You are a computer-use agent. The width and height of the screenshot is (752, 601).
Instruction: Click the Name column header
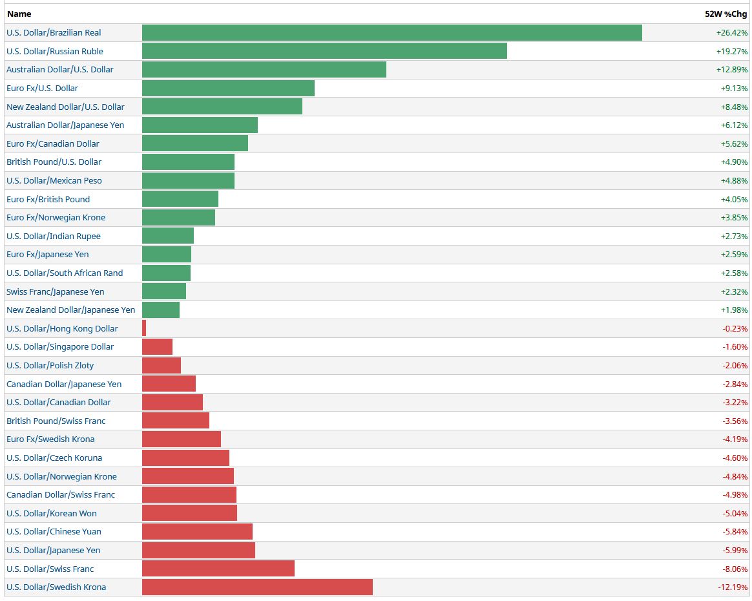click(19, 14)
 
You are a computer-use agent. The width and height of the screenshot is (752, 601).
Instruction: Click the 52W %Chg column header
click(726, 14)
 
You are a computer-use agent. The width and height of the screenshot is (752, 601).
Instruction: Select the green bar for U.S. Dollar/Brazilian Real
click(392, 33)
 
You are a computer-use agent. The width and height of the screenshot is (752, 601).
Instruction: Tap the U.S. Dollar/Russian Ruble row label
click(55, 51)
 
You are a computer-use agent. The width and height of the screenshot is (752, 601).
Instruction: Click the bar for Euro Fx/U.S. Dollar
click(228, 88)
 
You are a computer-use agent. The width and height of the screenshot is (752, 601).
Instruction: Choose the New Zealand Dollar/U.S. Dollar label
click(65, 107)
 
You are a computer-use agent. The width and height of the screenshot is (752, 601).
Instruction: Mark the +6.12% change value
click(734, 125)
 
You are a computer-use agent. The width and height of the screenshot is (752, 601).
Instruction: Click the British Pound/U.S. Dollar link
click(54, 162)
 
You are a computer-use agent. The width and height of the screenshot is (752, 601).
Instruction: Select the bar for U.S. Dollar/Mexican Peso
click(188, 180)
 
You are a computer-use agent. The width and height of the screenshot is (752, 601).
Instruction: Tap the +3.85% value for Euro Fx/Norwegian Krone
click(734, 218)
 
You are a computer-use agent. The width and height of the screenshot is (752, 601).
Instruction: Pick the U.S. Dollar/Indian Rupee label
click(54, 236)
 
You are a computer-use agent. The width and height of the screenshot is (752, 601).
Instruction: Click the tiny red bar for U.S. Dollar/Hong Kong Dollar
click(144, 328)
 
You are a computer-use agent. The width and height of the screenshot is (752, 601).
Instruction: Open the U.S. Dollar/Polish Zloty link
click(50, 366)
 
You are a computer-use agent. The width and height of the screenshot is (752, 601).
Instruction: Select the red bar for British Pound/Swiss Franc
click(176, 421)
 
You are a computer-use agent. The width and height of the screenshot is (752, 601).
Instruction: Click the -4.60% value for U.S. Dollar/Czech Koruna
click(735, 458)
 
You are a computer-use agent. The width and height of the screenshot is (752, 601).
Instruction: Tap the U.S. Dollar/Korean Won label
click(52, 514)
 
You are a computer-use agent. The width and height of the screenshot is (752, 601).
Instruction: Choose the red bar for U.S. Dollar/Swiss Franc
click(218, 569)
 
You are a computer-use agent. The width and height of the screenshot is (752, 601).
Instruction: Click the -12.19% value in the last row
click(733, 587)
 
